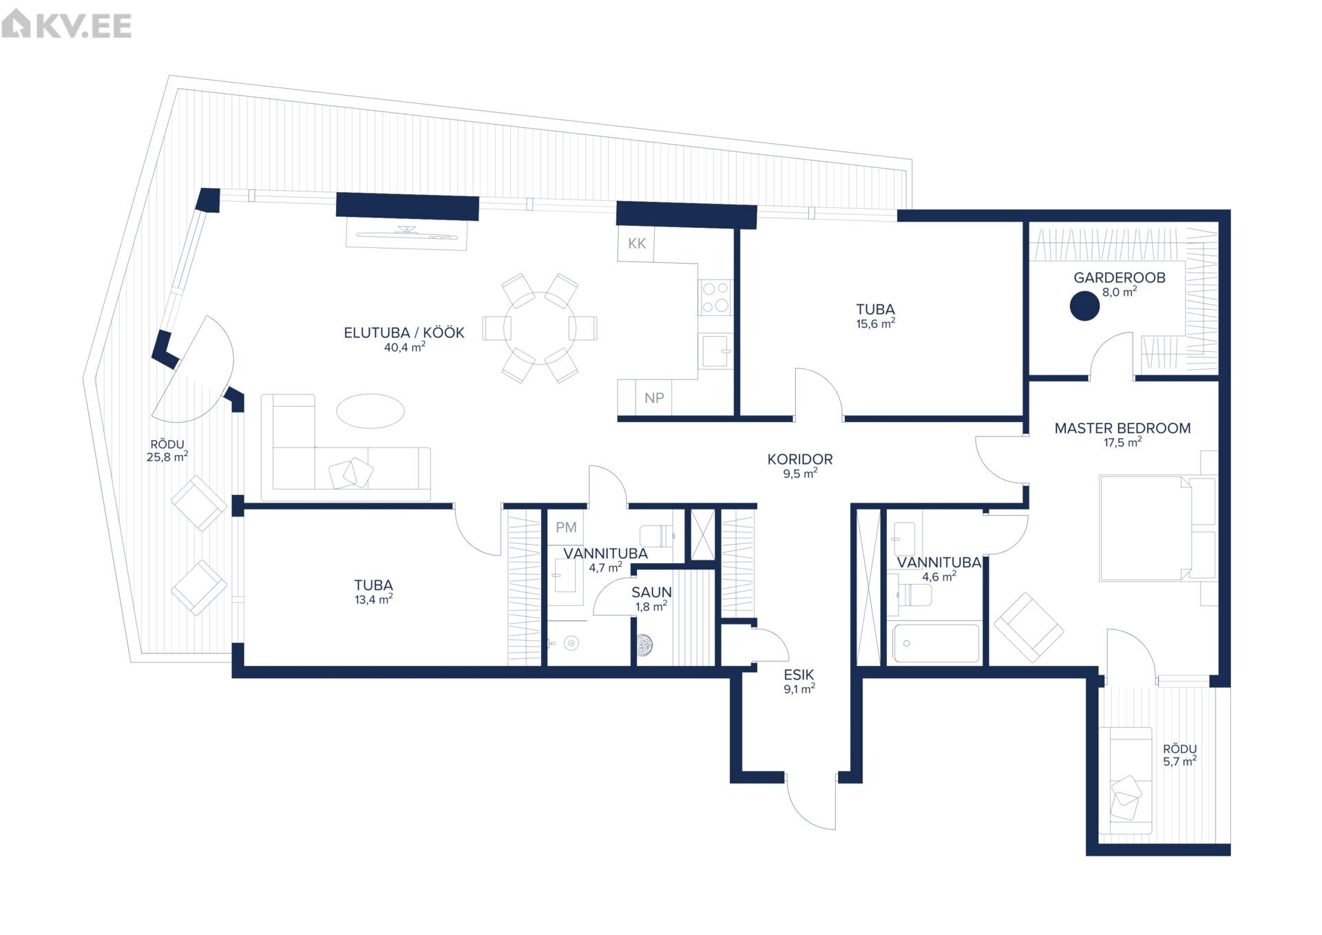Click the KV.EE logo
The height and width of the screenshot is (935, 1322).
click(x=67, y=25)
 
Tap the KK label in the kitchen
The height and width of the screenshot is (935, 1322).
click(x=637, y=244)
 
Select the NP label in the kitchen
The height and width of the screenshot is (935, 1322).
click(x=654, y=398)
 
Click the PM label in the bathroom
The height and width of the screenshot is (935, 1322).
click(x=566, y=527)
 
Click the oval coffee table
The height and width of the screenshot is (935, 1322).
click(x=370, y=411)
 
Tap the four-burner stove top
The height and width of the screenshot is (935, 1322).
click(x=715, y=297)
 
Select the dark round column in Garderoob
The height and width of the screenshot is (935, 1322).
click(x=1084, y=306)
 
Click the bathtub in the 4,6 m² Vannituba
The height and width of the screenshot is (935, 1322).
click(x=935, y=643)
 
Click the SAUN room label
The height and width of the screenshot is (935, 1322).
click(x=651, y=592)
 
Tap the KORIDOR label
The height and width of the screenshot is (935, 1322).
click(x=800, y=459)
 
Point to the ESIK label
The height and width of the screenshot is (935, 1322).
click(x=799, y=675)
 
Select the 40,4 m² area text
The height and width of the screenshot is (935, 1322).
click(x=405, y=347)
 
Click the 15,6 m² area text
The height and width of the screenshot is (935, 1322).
click(x=875, y=324)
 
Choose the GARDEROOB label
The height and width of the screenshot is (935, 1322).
click(x=1120, y=277)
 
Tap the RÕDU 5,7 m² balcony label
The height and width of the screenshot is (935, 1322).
click(x=1180, y=755)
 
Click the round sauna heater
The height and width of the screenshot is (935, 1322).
click(x=644, y=644)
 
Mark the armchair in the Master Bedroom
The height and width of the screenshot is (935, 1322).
click(x=1029, y=627)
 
